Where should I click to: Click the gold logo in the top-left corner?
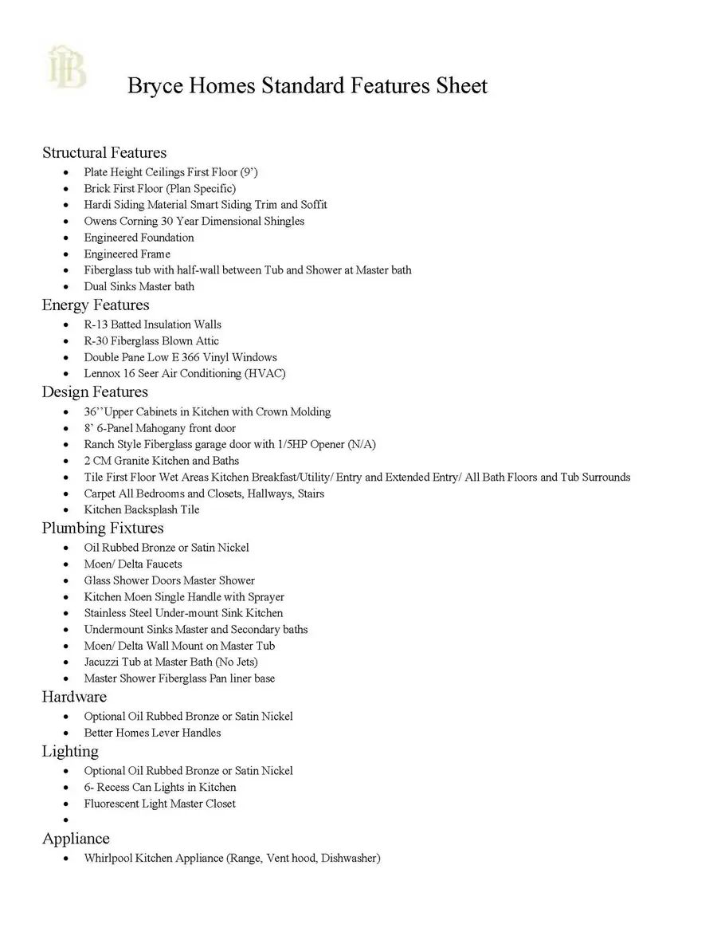click(67, 67)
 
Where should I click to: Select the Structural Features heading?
click(104, 152)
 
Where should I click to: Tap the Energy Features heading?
click(96, 305)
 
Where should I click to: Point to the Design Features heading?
click(95, 391)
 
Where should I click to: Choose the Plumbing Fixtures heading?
click(103, 528)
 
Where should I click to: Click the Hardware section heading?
click(74, 697)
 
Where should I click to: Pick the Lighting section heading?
click(70, 751)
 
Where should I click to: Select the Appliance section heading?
click(76, 839)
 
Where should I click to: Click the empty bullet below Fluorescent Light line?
click(65, 820)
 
